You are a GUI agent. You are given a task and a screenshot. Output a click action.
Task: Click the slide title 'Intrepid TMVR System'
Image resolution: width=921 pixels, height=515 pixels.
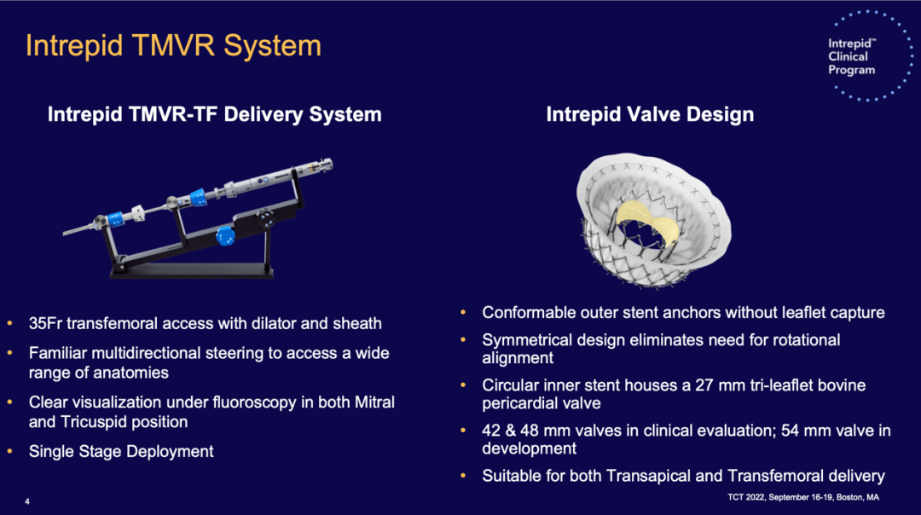pyautogui.click(x=174, y=46)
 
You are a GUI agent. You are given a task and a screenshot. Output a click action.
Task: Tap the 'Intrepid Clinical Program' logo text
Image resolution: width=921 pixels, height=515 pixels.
pyautogui.click(x=852, y=57)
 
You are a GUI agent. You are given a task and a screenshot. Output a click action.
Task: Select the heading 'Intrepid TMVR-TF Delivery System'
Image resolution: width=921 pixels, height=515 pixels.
pyautogui.click(x=214, y=114)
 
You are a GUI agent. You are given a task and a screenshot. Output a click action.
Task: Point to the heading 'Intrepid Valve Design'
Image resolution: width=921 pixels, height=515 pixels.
pyautogui.click(x=650, y=114)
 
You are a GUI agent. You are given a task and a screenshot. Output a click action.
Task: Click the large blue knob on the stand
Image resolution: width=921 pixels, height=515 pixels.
pyautogui.click(x=225, y=236)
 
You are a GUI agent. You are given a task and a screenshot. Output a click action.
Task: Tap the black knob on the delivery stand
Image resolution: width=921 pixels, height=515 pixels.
pyautogui.click(x=265, y=219)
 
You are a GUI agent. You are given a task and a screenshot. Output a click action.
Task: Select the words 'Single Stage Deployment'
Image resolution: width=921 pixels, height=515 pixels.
pyautogui.click(x=121, y=452)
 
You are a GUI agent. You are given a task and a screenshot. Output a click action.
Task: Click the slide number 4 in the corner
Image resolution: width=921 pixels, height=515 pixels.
pyautogui.click(x=27, y=501)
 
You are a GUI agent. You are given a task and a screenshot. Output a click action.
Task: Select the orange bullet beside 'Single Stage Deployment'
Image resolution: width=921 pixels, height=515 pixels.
pyautogui.click(x=10, y=452)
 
